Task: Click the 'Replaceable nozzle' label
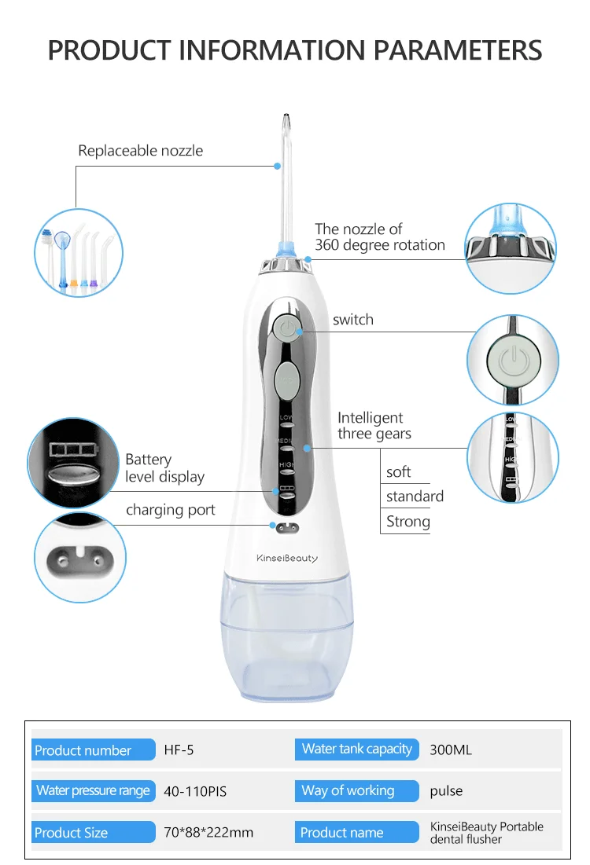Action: [140, 151]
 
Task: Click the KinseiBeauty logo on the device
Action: [287, 558]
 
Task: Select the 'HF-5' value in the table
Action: [179, 750]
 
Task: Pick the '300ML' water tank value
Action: [451, 750]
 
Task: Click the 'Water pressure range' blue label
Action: [93, 790]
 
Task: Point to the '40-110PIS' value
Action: [195, 791]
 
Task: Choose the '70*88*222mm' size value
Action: [208, 833]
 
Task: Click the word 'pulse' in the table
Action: [446, 791]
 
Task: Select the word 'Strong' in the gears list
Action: [408, 522]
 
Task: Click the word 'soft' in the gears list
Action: [399, 472]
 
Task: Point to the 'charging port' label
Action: [171, 510]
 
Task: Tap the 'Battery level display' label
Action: [164, 468]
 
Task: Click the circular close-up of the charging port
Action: [80, 558]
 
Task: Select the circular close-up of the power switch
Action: [512, 361]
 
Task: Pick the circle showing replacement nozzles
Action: [78, 253]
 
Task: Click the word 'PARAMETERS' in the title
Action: [457, 50]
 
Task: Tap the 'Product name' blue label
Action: [342, 833]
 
